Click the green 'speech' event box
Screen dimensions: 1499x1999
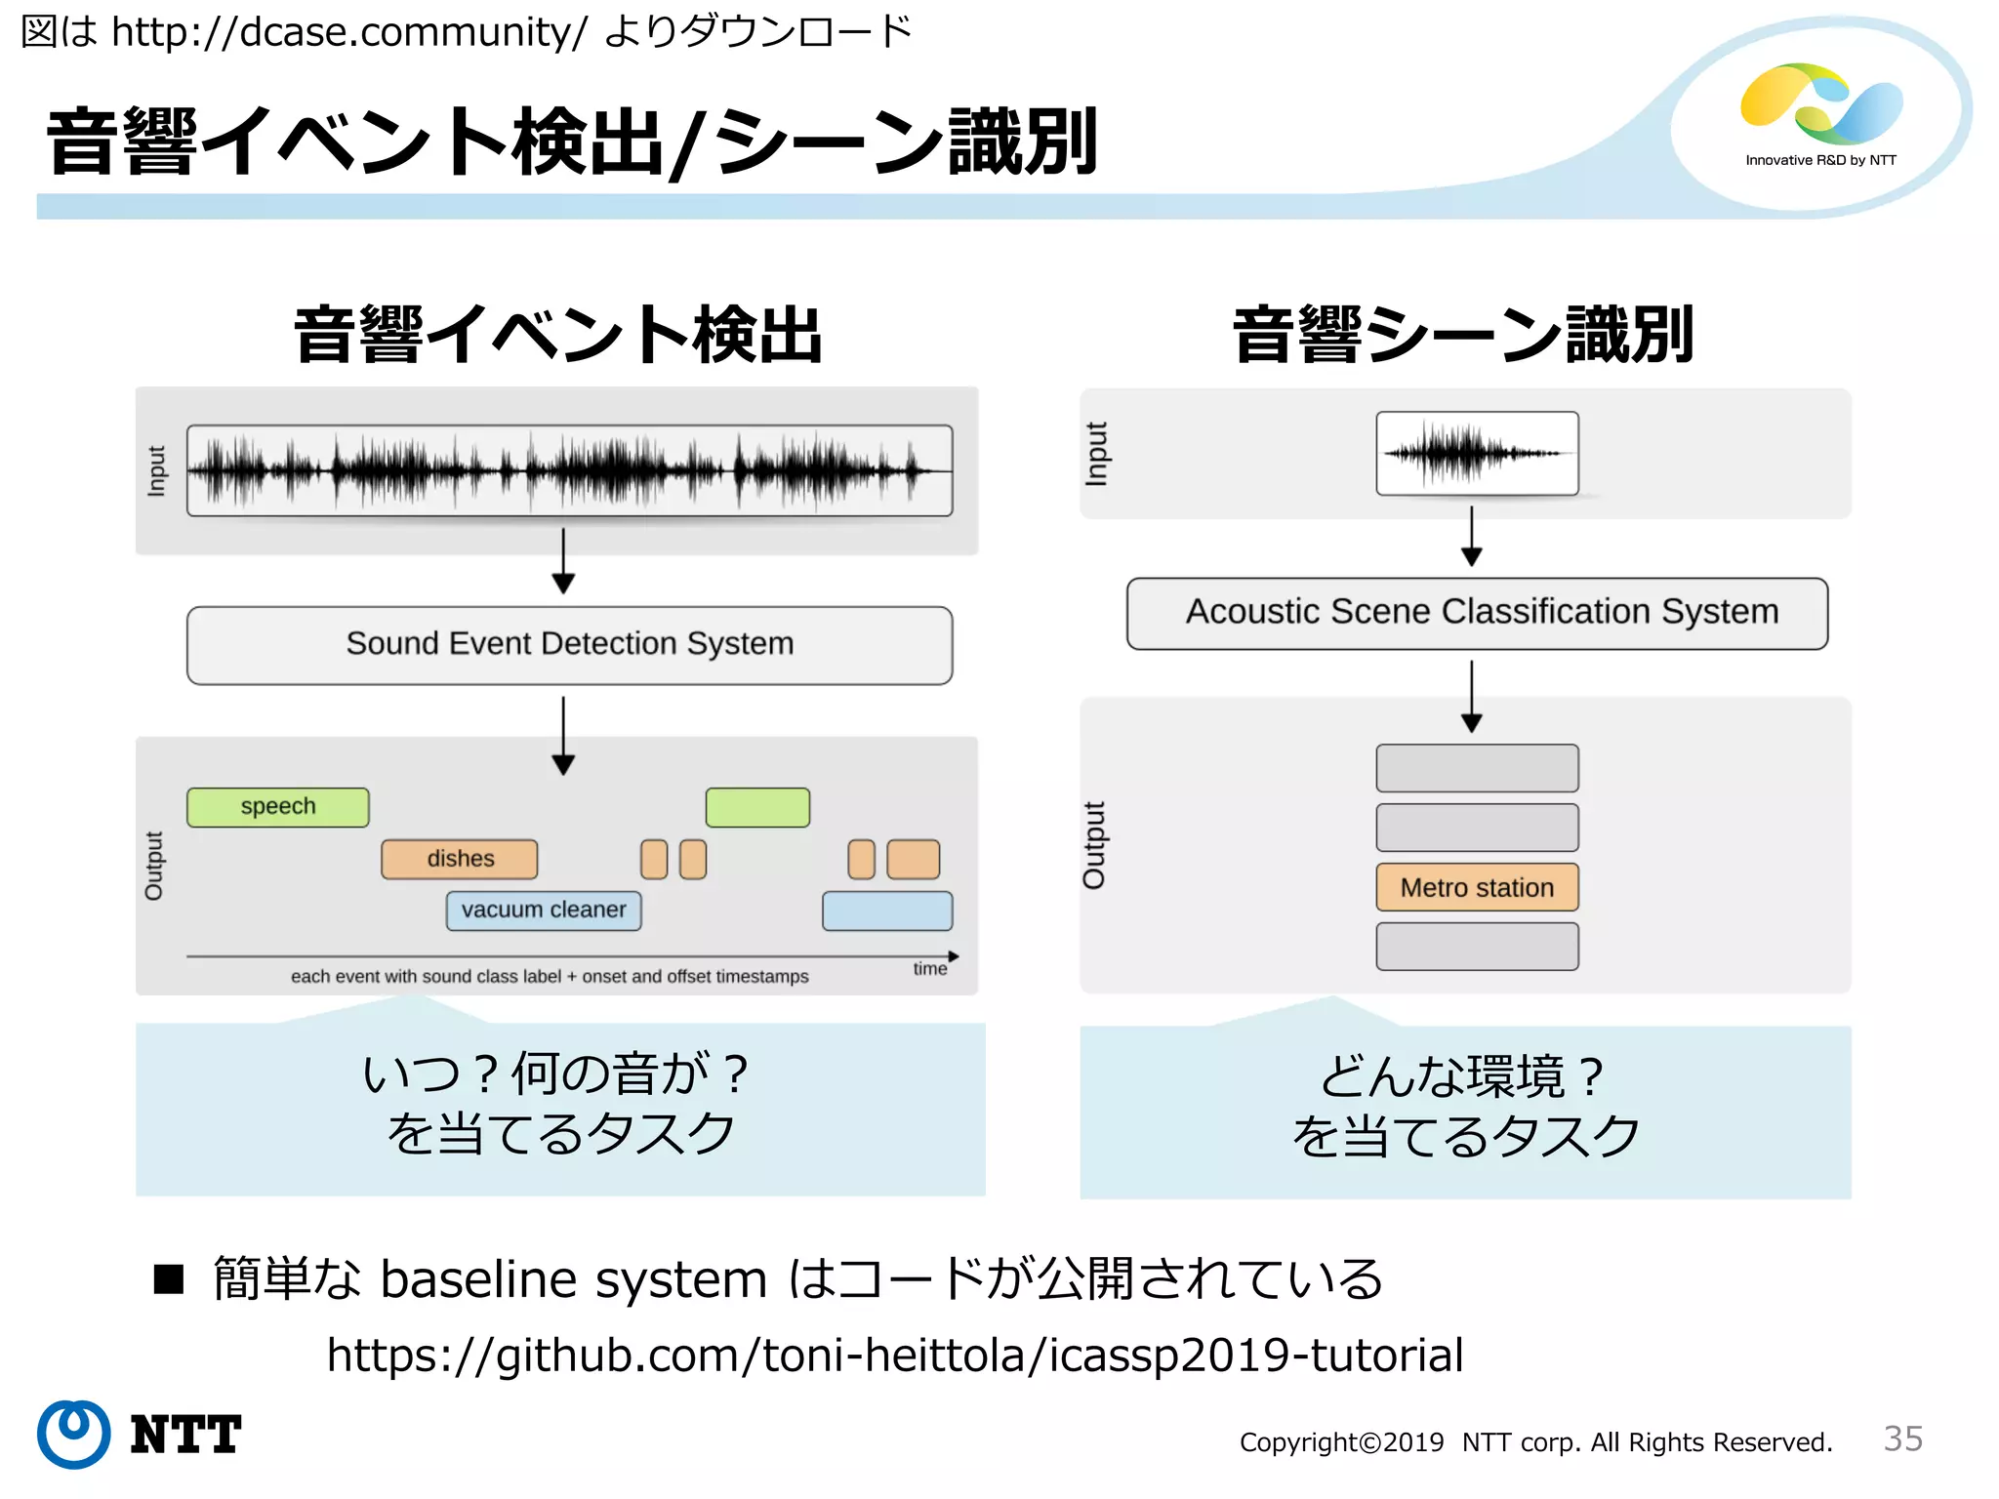click(x=277, y=807)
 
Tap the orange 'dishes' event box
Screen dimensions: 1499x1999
click(x=460, y=859)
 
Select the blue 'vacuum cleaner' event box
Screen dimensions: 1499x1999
click(x=544, y=911)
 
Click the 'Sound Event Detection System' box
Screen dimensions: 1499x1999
click(x=569, y=645)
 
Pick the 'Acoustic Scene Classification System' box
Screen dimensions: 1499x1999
click(x=1477, y=613)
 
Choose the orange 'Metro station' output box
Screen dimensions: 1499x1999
click(x=1477, y=887)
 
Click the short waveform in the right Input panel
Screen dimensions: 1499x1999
click(x=1477, y=454)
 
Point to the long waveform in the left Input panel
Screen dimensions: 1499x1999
click(x=569, y=470)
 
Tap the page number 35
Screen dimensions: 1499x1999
click(x=1902, y=1438)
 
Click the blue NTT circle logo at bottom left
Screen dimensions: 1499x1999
click(x=73, y=1434)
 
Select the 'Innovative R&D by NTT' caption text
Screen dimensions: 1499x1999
click(x=1820, y=160)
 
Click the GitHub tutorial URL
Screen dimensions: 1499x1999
click(x=894, y=1356)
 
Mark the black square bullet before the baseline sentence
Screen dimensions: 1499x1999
click(x=169, y=1278)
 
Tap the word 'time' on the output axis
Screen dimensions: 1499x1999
click(x=929, y=969)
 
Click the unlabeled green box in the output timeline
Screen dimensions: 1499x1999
click(x=757, y=807)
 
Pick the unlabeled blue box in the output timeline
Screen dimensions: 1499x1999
click(x=887, y=911)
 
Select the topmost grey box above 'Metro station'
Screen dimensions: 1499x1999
click(x=1477, y=768)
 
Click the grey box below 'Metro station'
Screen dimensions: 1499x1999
click(x=1477, y=947)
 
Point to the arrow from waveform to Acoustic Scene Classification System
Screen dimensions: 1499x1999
click(x=1472, y=536)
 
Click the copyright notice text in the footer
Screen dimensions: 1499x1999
click(x=1535, y=1442)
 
